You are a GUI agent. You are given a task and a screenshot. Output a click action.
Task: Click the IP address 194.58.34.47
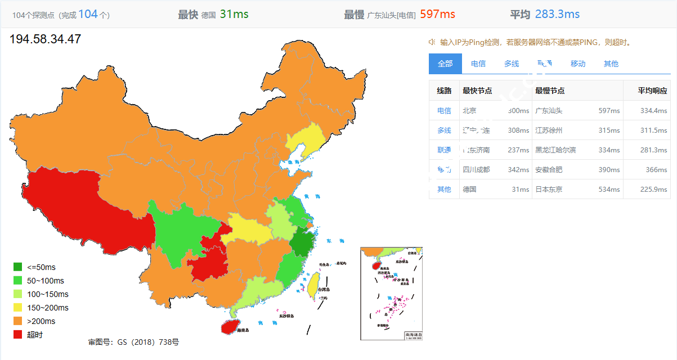point(46,39)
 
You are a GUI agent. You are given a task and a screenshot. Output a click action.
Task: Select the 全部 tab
point(445,64)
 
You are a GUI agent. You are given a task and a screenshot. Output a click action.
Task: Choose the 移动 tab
point(578,64)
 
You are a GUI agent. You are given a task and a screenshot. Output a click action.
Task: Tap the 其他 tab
point(611,64)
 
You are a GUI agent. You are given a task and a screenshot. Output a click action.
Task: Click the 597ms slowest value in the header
point(437,14)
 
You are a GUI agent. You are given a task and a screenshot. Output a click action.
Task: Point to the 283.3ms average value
point(557,14)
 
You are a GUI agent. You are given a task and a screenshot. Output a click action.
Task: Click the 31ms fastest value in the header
point(234,14)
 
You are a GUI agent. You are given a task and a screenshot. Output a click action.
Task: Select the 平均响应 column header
point(652,91)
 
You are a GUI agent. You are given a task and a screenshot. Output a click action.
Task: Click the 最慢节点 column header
point(550,91)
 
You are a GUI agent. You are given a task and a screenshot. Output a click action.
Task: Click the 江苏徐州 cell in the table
point(549,130)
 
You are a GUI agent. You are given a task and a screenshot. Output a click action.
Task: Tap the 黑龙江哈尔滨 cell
point(555,150)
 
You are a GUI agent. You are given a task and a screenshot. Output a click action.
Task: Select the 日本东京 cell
point(549,190)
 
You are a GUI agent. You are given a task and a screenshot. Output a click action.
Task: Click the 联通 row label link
point(444,150)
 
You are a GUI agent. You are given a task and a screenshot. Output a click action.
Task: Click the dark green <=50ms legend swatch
point(17,267)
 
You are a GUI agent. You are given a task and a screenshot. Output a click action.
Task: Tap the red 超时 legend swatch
point(17,335)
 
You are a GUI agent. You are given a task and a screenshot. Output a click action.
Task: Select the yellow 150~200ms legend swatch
point(17,308)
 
